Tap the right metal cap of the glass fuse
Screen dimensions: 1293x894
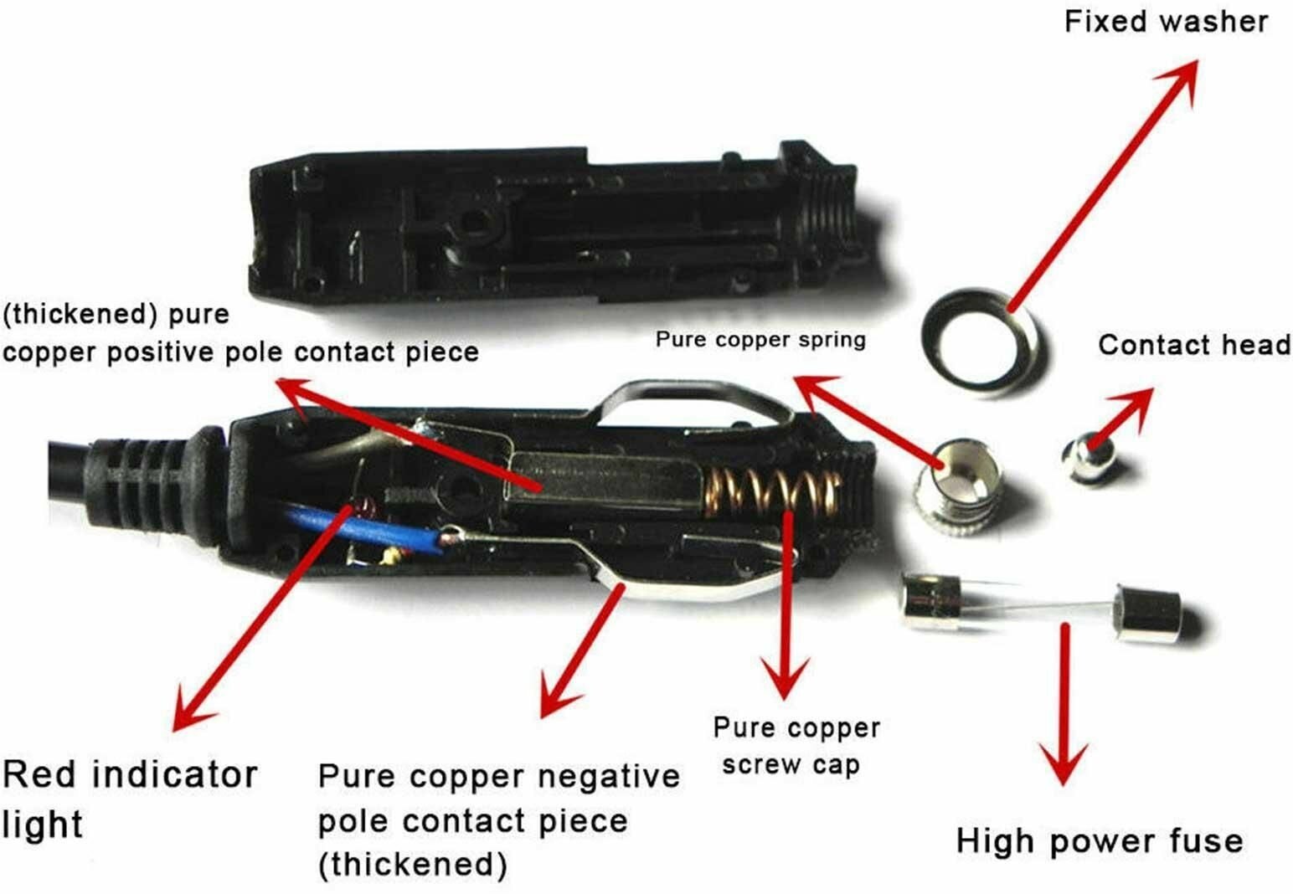(x=1149, y=614)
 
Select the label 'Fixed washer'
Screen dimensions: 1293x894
(x=1166, y=22)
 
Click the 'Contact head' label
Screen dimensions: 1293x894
(x=1194, y=345)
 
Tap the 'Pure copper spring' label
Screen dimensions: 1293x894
(x=760, y=339)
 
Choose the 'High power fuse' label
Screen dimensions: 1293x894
(x=1100, y=841)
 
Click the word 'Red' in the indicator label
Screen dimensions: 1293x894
(x=39, y=774)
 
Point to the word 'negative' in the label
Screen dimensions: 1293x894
(x=609, y=777)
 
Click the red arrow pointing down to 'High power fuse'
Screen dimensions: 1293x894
(x=1064, y=704)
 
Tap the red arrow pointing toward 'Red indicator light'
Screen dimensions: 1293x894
(x=263, y=618)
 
